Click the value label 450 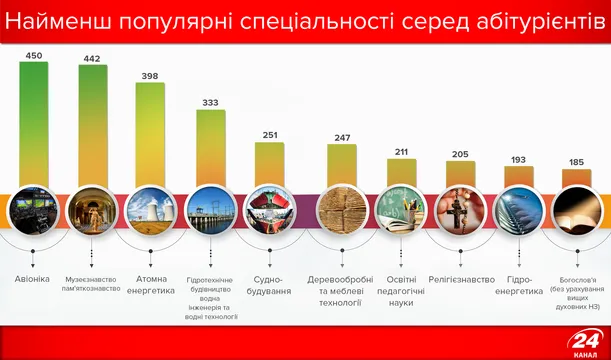point(33,55)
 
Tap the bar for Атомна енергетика point(150,135)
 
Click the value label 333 point(210,102)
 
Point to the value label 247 point(342,137)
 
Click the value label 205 point(460,154)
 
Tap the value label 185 point(577,162)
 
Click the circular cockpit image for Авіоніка point(33,210)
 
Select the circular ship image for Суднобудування point(269,210)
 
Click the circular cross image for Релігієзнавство point(460,210)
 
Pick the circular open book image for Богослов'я point(577,210)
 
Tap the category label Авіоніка point(33,279)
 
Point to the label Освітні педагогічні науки point(401,289)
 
